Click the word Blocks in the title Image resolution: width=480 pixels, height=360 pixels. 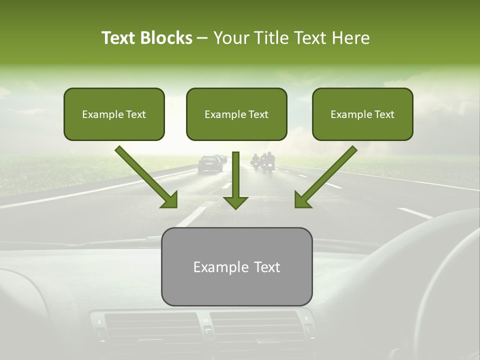166,38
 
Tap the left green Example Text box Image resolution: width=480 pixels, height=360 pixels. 114,114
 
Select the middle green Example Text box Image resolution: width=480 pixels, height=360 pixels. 236,114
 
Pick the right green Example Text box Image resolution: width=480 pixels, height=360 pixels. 362,114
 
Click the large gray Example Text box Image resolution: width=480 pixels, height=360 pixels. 236,267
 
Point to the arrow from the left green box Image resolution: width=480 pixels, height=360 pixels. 147,177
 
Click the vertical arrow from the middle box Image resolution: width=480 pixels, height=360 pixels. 235,180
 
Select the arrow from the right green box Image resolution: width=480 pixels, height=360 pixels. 325,177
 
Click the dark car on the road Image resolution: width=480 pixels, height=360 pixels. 210,163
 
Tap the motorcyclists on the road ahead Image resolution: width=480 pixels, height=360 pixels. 263,161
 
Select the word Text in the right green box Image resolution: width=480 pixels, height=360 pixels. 385,114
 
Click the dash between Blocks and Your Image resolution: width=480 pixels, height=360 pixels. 202,38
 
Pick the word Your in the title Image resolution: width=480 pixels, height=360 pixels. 229,38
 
